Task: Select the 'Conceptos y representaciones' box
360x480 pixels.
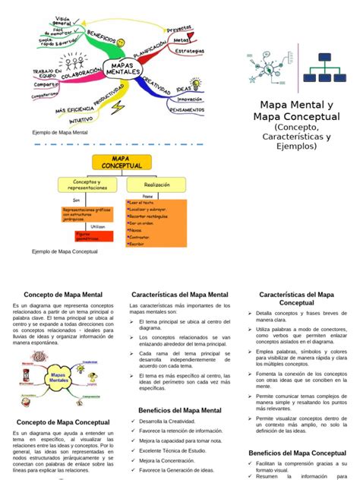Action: tap(89, 185)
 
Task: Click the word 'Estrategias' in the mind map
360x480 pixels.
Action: tap(189, 51)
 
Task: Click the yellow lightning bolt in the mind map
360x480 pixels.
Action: tap(118, 106)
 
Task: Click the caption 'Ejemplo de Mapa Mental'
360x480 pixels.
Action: tap(60, 132)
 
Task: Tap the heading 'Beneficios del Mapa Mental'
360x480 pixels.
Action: tap(179, 410)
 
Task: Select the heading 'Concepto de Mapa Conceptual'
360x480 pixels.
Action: tap(62, 422)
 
